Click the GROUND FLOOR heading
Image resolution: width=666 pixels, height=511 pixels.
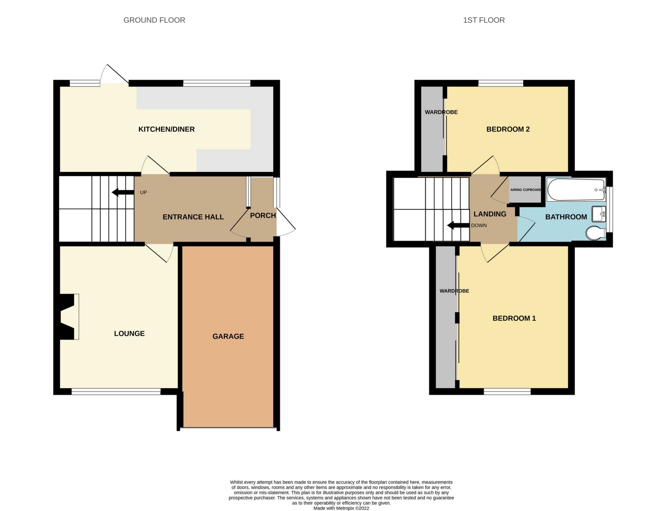coord(154,20)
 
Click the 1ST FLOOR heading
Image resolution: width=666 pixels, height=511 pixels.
coord(484,20)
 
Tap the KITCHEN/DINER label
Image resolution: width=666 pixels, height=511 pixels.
coord(166,129)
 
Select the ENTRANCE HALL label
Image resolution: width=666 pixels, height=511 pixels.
coord(193,217)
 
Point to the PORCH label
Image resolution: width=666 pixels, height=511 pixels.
coord(263,215)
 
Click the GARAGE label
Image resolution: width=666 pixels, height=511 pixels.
coord(228,336)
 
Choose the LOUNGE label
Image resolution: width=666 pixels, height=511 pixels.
coord(129,333)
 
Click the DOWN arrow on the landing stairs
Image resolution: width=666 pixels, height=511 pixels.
coord(458,226)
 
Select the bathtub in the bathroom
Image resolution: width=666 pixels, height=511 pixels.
coord(576,190)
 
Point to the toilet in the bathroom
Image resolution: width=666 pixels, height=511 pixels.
coord(596,232)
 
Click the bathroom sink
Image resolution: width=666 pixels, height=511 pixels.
coord(599,214)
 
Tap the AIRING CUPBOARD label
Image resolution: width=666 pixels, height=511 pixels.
coord(525,190)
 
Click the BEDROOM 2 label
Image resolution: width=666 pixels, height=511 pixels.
coord(508,129)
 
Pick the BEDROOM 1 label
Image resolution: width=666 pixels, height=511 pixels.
coord(514,318)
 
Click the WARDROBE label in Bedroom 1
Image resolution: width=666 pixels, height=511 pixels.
coord(454,291)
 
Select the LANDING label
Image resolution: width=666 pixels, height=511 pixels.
coord(490,214)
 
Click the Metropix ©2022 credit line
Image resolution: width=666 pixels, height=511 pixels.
coord(341,508)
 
